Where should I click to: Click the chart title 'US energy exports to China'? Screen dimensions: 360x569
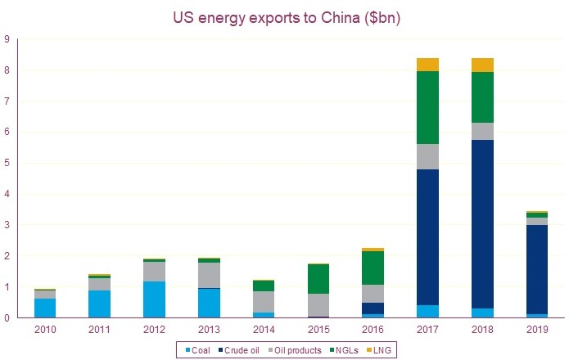[x=284, y=16]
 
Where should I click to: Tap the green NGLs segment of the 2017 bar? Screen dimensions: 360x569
[x=427, y=108]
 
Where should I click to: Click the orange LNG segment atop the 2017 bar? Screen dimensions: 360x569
[x=427, y=65]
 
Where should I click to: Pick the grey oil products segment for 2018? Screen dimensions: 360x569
[x=482, y=131]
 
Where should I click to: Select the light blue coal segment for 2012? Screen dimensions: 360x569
[x=155, y=299]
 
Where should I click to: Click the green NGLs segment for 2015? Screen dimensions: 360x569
[x=318, y=279]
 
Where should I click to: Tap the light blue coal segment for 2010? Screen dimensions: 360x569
[x=45, y=308]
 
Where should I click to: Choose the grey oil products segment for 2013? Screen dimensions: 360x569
[x=210, y=275]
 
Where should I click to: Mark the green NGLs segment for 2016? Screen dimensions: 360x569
[x=373, y=268]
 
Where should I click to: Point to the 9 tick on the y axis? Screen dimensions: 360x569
[x=7, y=38]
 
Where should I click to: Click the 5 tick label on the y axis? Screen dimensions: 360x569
[x=7, y=163]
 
